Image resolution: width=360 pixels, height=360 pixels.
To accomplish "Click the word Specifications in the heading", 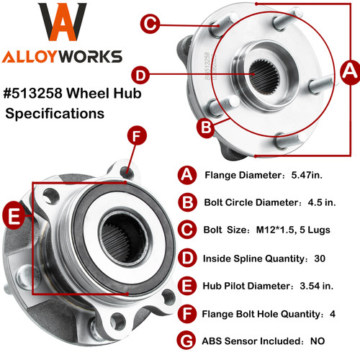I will coord(55,113).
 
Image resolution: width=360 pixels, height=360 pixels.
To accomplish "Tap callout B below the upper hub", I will coord(206,127).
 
